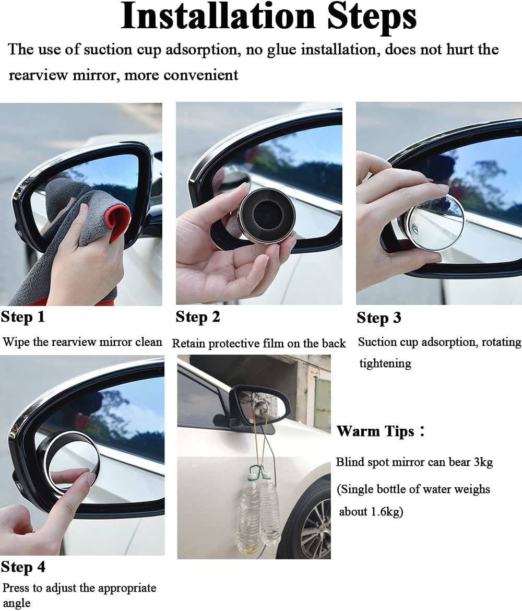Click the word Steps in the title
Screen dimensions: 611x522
[372, 18]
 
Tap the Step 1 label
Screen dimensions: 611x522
[23, 317]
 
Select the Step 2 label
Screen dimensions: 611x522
[198, 317]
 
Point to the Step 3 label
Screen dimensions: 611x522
[379, 318]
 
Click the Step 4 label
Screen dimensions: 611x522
[23, 567]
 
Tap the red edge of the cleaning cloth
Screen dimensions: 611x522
[118, 219]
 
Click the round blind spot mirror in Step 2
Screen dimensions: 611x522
[267, 216]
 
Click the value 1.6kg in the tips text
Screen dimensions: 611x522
[382, 512]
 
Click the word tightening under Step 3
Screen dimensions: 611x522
[385, 363]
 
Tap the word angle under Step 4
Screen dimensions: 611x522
[16, 603]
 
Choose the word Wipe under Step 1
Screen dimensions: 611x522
[15, 342]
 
